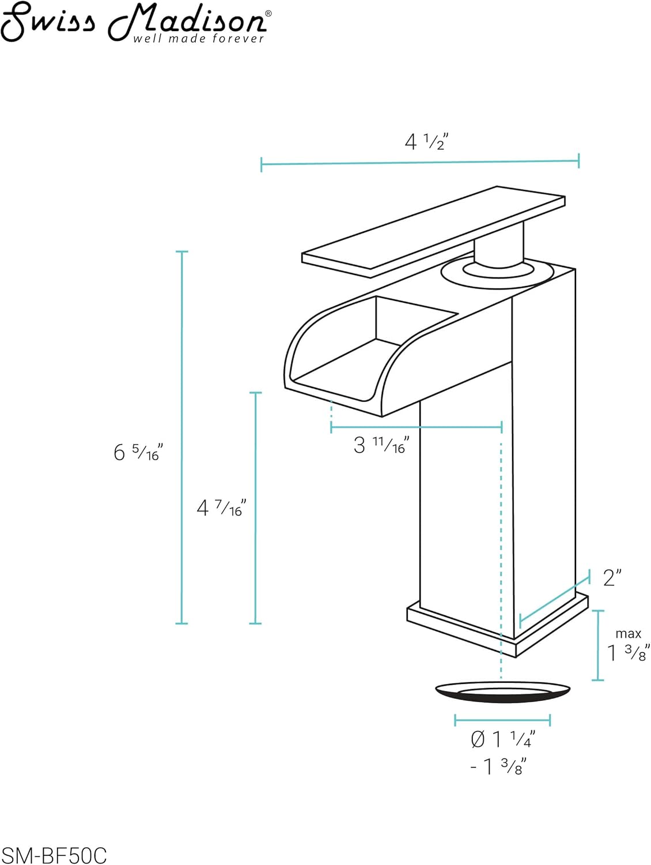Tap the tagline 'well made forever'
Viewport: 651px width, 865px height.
[198, 38]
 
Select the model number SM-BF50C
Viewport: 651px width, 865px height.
[54, 853]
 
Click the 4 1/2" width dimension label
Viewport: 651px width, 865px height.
[426, 142]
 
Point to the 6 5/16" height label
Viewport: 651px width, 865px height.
[138, 452]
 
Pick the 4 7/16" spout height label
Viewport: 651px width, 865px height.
[221, 507]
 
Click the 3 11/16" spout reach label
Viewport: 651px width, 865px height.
[381, 445]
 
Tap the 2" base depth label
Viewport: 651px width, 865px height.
[612, 578]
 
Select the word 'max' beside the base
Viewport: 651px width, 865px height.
[628, 634]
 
